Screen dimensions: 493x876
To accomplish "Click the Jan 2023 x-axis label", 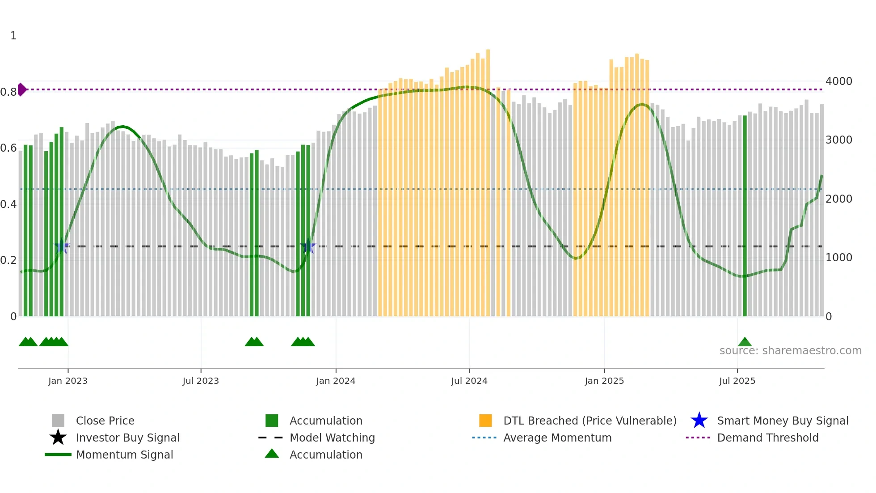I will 68,381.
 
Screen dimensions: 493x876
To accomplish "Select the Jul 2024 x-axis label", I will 469,381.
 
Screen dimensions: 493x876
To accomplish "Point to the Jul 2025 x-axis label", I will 737,381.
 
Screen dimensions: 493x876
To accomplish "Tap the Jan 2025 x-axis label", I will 604,381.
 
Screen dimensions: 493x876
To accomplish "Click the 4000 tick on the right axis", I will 839,81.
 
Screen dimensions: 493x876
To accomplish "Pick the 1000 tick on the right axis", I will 839,258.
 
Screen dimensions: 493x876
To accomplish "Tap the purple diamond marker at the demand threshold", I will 21,89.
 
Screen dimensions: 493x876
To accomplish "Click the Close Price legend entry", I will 105,421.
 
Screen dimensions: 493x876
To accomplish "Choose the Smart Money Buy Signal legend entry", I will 783,421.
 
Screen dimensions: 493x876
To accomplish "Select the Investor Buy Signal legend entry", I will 127,438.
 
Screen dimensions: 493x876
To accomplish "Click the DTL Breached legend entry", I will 590,421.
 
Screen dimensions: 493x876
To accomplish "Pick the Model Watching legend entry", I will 332,438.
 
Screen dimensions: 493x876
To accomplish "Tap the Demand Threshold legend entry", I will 767,438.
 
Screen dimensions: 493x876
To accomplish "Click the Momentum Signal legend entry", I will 124,455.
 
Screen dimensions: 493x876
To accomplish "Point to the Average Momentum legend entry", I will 557,438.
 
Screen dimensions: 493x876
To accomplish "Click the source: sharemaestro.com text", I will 790,351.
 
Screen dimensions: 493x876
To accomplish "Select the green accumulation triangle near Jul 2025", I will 745,342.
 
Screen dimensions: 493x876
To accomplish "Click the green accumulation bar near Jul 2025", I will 745,215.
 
